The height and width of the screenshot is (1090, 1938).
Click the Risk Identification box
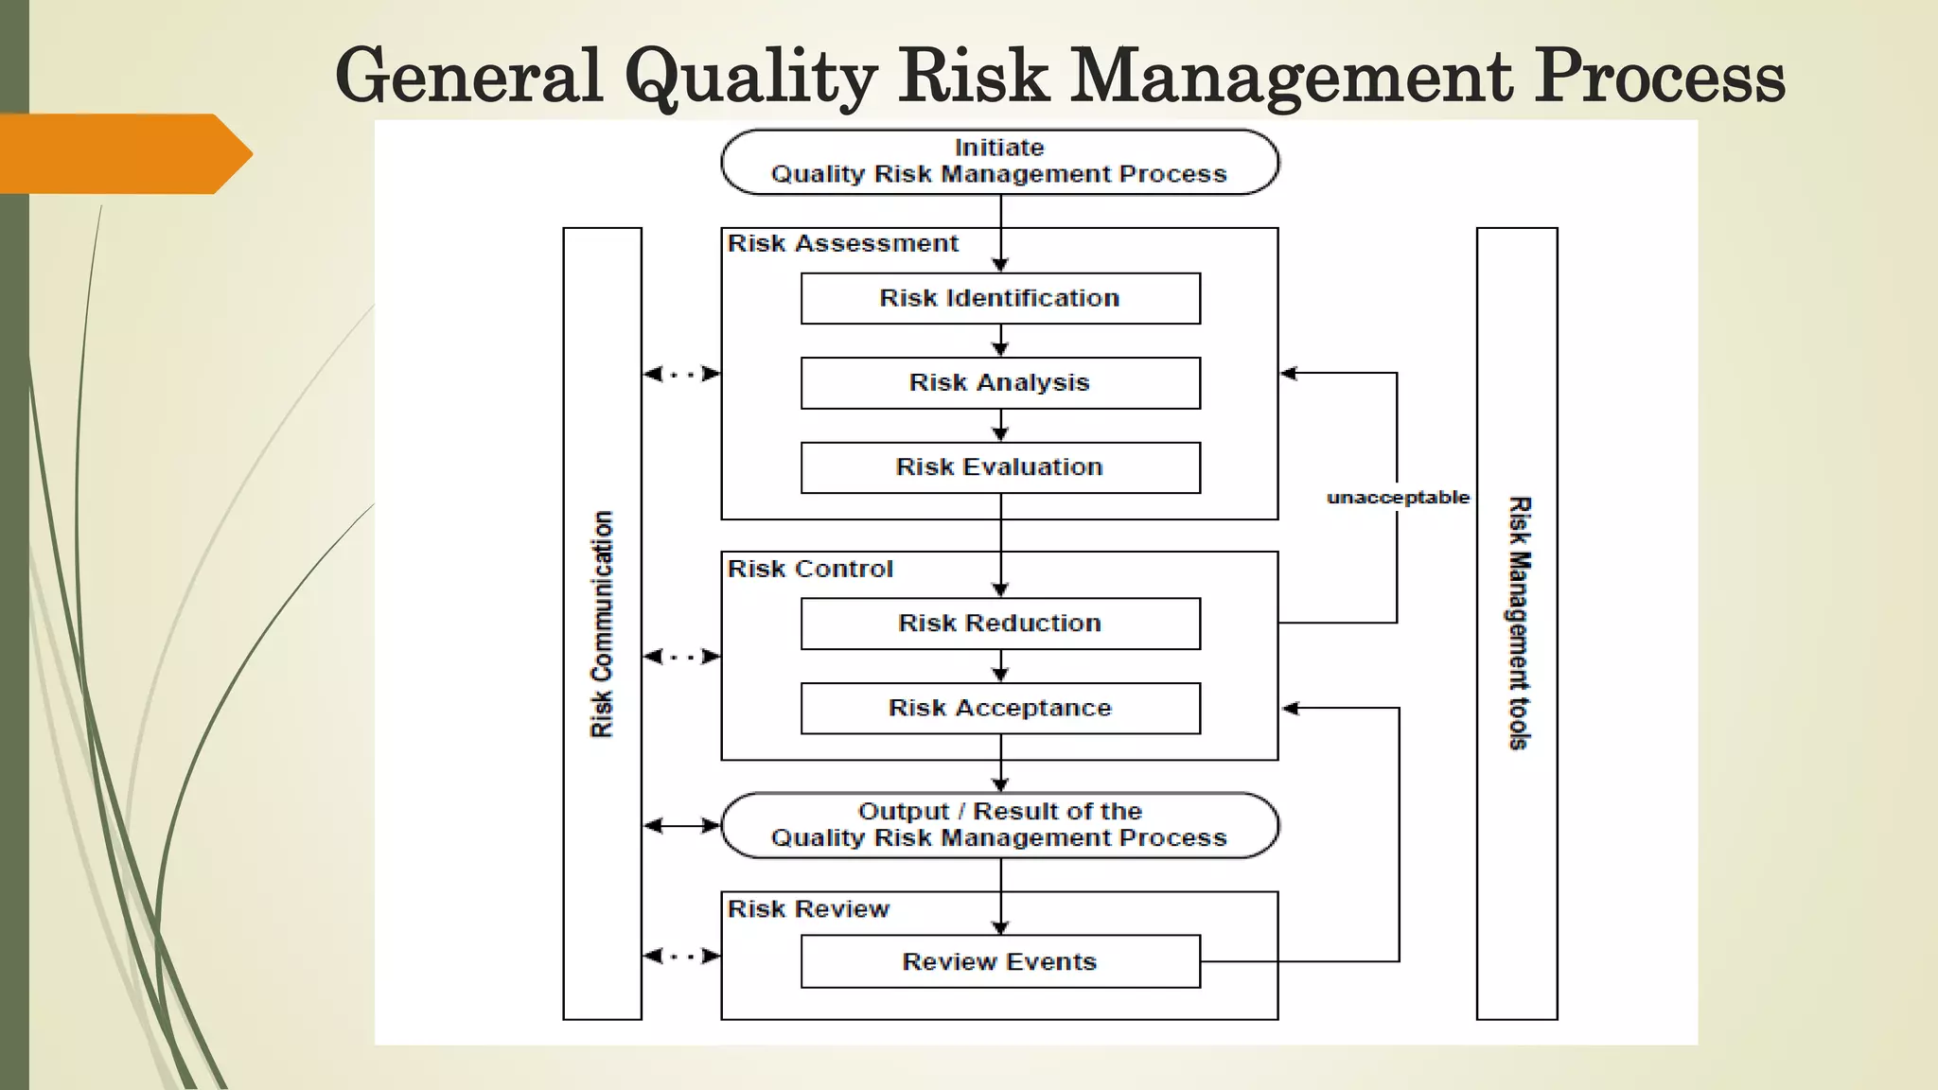point(1000,299)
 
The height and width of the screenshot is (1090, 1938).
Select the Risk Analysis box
point(1000,383)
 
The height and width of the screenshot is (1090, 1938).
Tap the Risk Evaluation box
point(1000,467)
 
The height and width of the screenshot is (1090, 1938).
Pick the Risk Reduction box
point(1000,624)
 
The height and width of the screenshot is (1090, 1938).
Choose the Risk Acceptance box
point(1000,709)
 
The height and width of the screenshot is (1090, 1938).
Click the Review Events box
point(1000,962)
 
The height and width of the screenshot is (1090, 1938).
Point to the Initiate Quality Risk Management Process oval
point(999,162)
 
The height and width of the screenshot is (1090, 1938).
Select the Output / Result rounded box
point(999,825)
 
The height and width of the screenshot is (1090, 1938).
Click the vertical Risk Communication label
point(602,624)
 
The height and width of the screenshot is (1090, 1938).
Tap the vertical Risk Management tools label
point(1518,624)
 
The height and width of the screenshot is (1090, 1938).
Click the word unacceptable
point(1398,498)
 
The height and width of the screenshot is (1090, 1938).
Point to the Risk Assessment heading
point(842,244)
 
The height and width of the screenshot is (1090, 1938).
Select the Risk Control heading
point(810,570)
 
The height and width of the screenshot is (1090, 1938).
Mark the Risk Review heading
point(808,909)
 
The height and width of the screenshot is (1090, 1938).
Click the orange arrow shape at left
point(123,153)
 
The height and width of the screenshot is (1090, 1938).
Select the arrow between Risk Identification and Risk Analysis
point(1001,342)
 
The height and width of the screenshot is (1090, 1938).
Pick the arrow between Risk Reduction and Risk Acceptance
point(1001,667)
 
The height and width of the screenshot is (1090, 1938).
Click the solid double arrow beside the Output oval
point(681,826)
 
